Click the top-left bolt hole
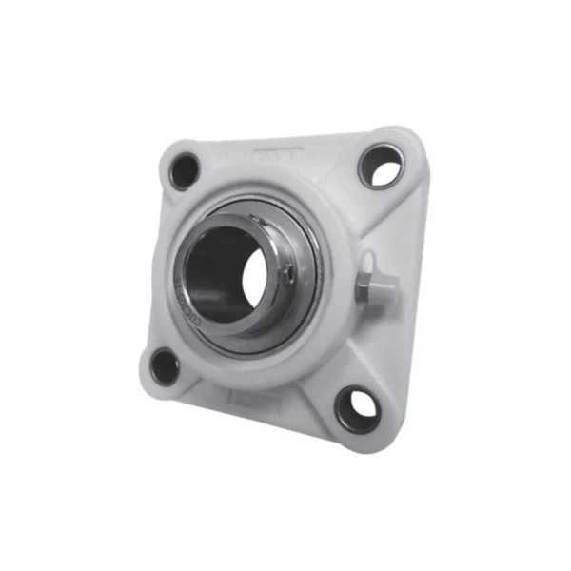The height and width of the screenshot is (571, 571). pos(184,171)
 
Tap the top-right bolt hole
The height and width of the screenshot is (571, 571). pos(381,167)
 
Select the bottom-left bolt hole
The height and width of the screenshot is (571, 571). pos(165,365)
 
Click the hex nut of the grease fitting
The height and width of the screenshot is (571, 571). pos(366,285)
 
